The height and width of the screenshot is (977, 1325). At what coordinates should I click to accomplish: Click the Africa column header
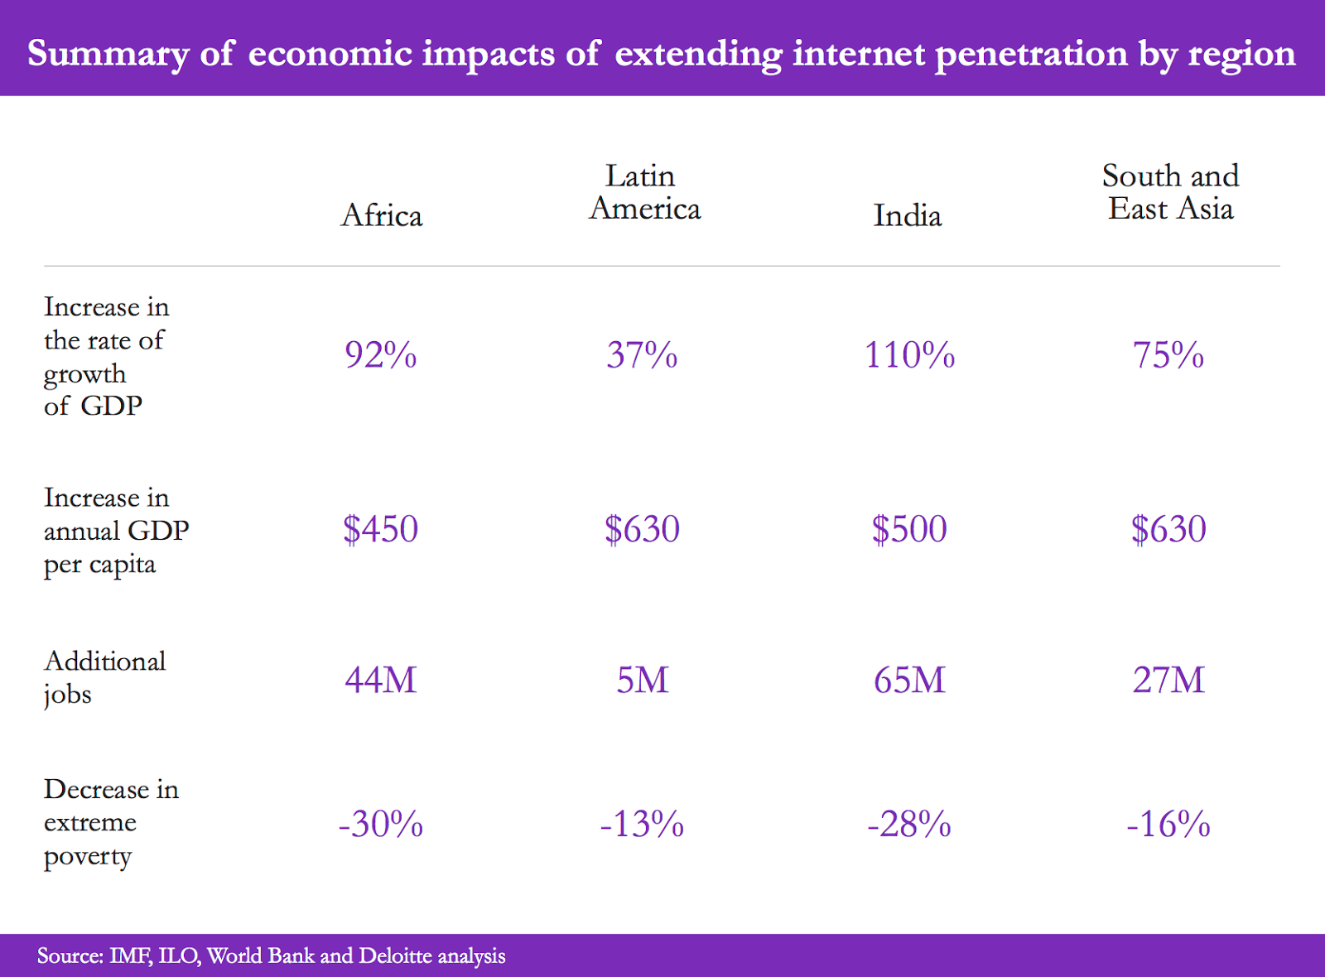382,215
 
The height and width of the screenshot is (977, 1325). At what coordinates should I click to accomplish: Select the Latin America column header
644,192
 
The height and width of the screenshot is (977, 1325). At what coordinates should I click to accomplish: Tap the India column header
908,216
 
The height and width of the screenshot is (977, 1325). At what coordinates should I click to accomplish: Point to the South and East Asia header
1170,192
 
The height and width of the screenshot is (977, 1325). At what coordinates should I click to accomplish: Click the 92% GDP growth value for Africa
381,355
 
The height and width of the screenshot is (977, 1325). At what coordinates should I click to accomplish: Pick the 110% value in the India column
909,355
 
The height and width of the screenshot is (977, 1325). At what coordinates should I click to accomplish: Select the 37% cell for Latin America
642,355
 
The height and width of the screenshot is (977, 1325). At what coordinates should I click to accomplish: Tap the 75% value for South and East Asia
1168,355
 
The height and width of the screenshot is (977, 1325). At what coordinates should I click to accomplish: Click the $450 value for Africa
381,529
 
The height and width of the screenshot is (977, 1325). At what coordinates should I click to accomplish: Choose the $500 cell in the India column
909,529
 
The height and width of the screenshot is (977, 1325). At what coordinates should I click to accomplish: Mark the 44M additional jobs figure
381,680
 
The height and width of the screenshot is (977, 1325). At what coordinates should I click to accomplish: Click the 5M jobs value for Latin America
642,680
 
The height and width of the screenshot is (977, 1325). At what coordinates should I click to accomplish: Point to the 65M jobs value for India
909,680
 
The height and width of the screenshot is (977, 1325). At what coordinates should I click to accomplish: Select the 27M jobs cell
1168,680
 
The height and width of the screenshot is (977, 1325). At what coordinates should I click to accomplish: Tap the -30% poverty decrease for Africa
381,824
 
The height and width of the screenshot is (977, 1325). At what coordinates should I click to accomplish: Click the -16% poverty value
1168,824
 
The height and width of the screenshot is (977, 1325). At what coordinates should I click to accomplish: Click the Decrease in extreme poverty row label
111,822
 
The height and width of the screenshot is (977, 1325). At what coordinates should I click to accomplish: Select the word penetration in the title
1031,54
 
